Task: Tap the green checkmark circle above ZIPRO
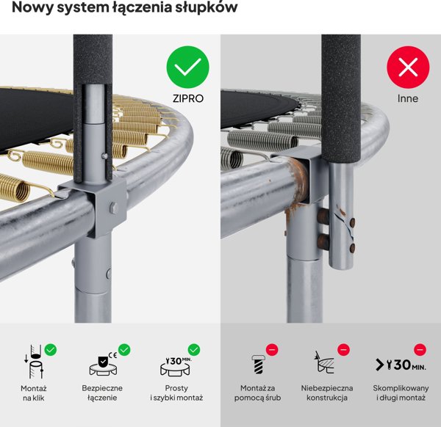tap(187, 68)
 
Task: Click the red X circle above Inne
tap(407, 68)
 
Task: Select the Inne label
tap(407, 98)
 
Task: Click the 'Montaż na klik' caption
tap(34, 393)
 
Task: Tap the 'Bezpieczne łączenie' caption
tap(102, 393)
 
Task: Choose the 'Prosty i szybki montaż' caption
tap(176, 393)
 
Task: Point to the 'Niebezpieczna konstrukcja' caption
tap(326, 393)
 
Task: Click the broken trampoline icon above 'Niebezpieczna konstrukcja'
tap(324, 363)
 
